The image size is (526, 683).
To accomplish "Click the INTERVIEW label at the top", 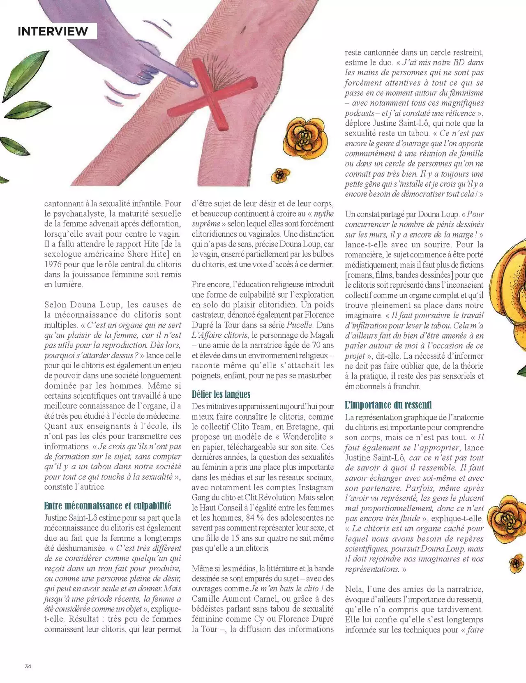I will click(53, 31).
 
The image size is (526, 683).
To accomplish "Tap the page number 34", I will click(28, 666).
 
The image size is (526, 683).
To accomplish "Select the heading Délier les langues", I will click(221, 395).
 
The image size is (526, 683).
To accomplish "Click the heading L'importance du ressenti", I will click(388, 405).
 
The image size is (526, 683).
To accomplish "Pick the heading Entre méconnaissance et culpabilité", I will click(108, 505).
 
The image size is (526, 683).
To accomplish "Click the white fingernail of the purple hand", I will click(191, 83).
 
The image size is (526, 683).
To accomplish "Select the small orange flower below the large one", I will click(280, 175).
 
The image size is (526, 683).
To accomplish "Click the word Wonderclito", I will click(305, 436).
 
